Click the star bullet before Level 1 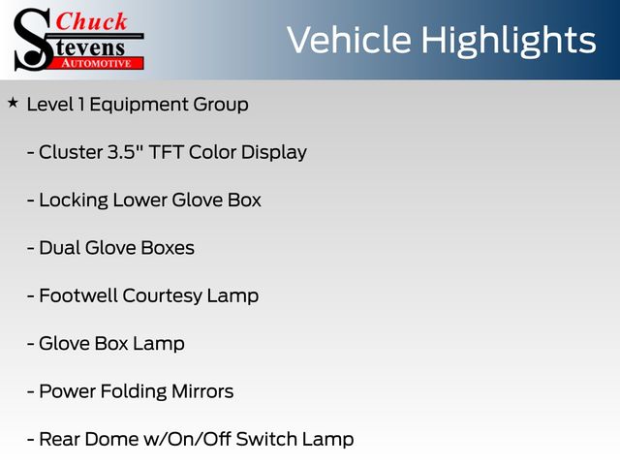(13, 103)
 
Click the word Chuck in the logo (91, 21)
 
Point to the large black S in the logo (33, 40)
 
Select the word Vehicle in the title (349, 40)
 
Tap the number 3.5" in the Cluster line (125, 152)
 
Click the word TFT (166, 152)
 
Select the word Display (274, 153)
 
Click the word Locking (74, 201)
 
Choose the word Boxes (168, 248)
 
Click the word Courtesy (162, 297)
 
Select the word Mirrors (202, 391)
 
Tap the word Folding (134, 392)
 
